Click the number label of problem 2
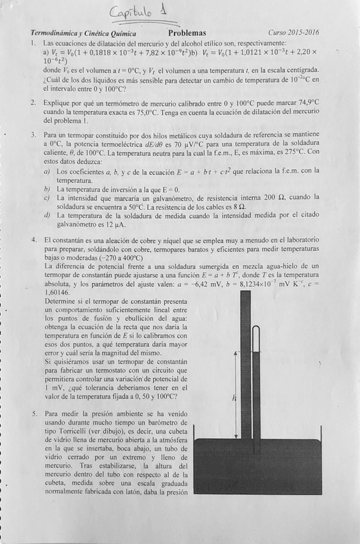point(33,103)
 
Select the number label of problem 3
point(33,135)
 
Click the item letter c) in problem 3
point(46,198)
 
